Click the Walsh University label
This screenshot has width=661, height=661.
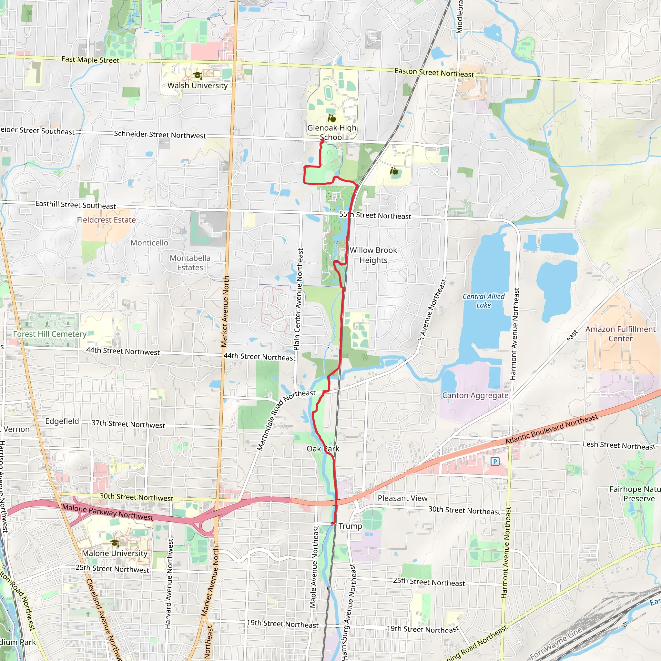[198, 86]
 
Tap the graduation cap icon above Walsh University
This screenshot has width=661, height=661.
[198, 75]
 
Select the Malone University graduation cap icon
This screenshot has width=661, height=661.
[115, 543]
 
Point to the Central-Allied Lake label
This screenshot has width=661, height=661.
[483, 301]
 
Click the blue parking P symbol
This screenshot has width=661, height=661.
[495, 462]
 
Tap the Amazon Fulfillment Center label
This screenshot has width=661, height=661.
[620, 334]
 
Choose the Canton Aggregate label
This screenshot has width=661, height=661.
[475, 395]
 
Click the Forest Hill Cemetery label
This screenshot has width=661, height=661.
[50, 334]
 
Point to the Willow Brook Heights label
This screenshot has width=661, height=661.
[373, 255]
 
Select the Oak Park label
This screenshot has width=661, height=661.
[323, 449]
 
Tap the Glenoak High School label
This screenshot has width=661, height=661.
[331, 132]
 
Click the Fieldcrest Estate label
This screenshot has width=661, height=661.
[106, 220]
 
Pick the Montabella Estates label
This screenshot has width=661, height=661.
[190, 263]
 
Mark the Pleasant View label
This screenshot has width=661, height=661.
[402, 498]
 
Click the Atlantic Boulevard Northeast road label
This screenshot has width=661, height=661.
[552, 429]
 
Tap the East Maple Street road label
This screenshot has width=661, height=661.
[90, 60]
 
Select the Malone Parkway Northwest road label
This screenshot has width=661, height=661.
[107, 512]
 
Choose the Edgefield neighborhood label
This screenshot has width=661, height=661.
[62, 421]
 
